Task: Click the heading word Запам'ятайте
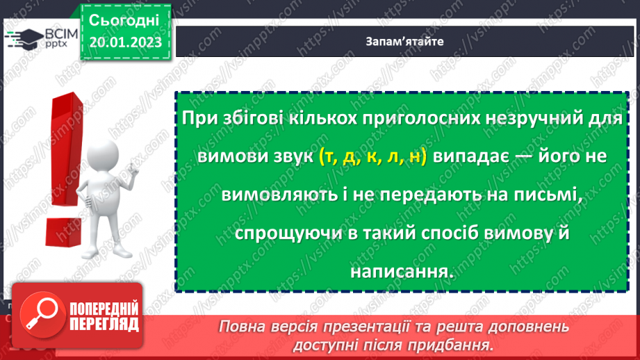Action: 404,41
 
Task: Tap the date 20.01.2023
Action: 125,43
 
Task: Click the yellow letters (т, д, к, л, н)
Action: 373,158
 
